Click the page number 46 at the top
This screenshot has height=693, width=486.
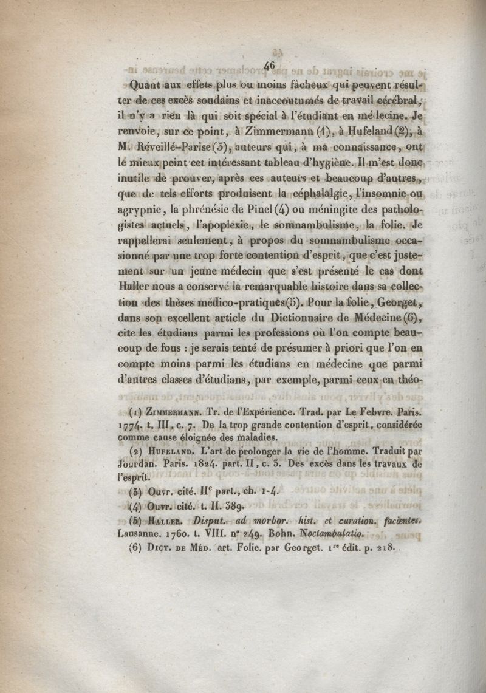click(x=270, y=64)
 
